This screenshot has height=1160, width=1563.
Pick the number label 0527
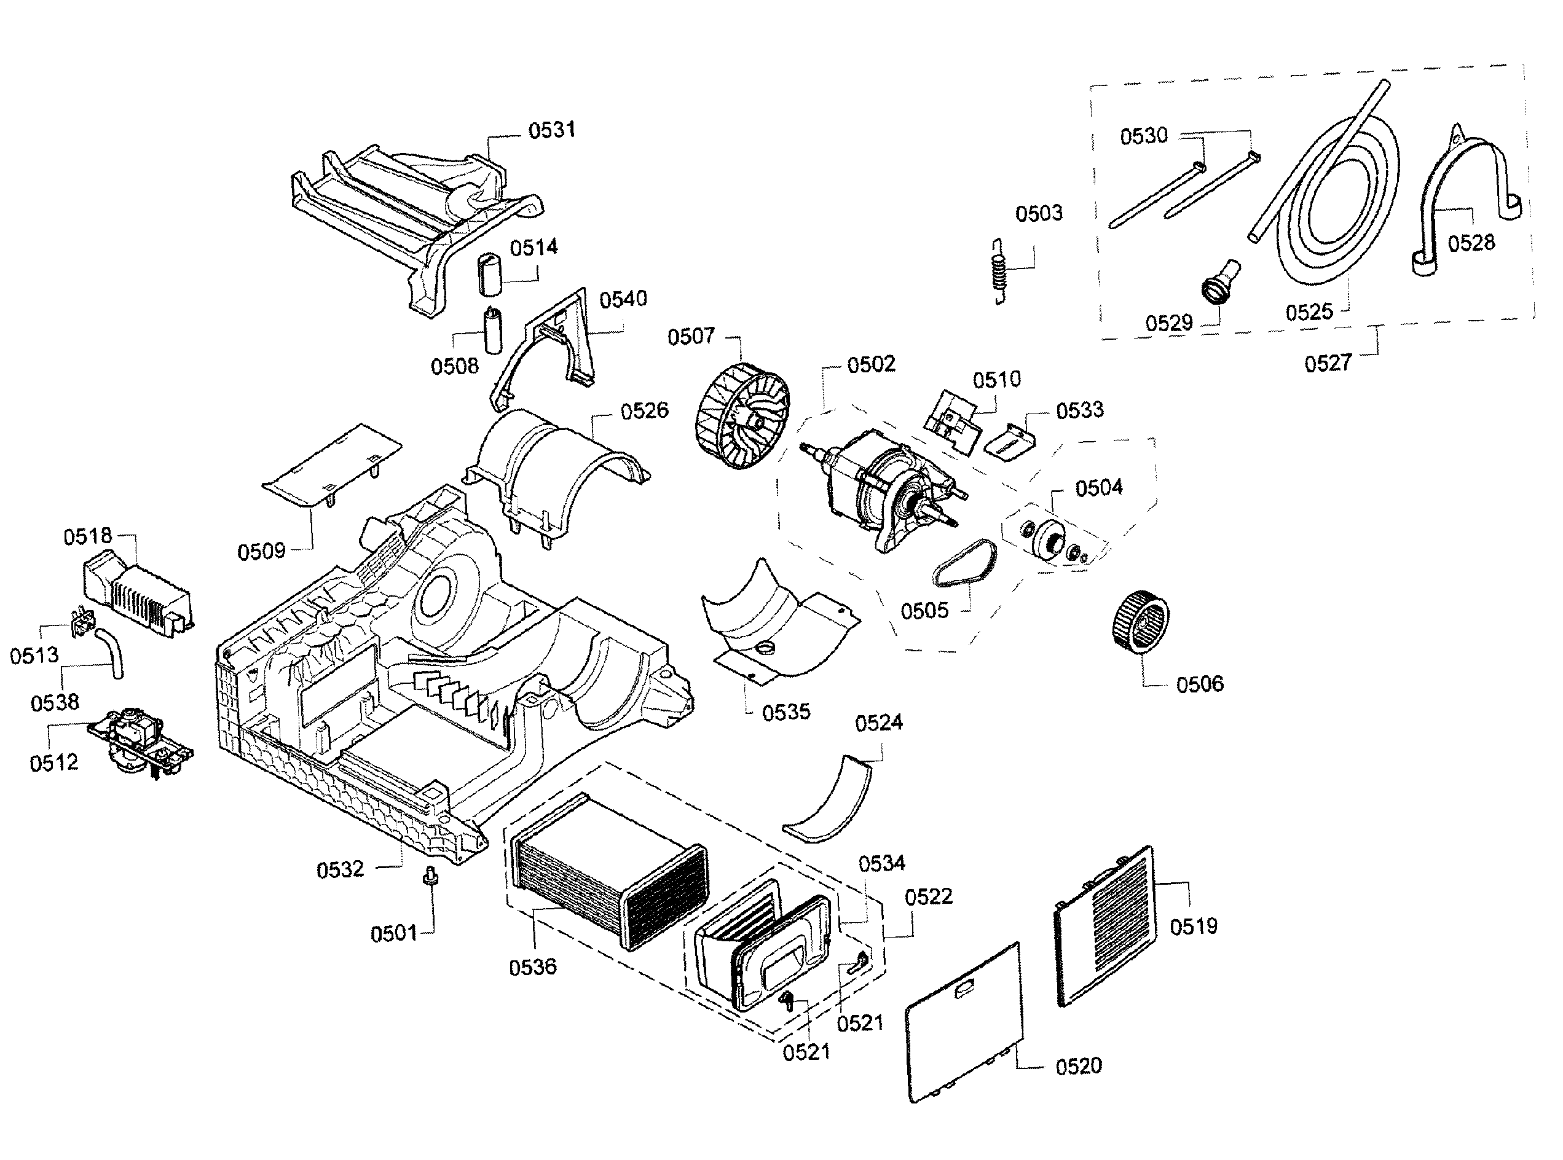[1328, 363]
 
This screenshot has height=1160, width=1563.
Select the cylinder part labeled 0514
[490, 276]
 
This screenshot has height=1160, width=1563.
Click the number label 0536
[532, 968]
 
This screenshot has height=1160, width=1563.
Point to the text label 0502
[871, 364]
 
